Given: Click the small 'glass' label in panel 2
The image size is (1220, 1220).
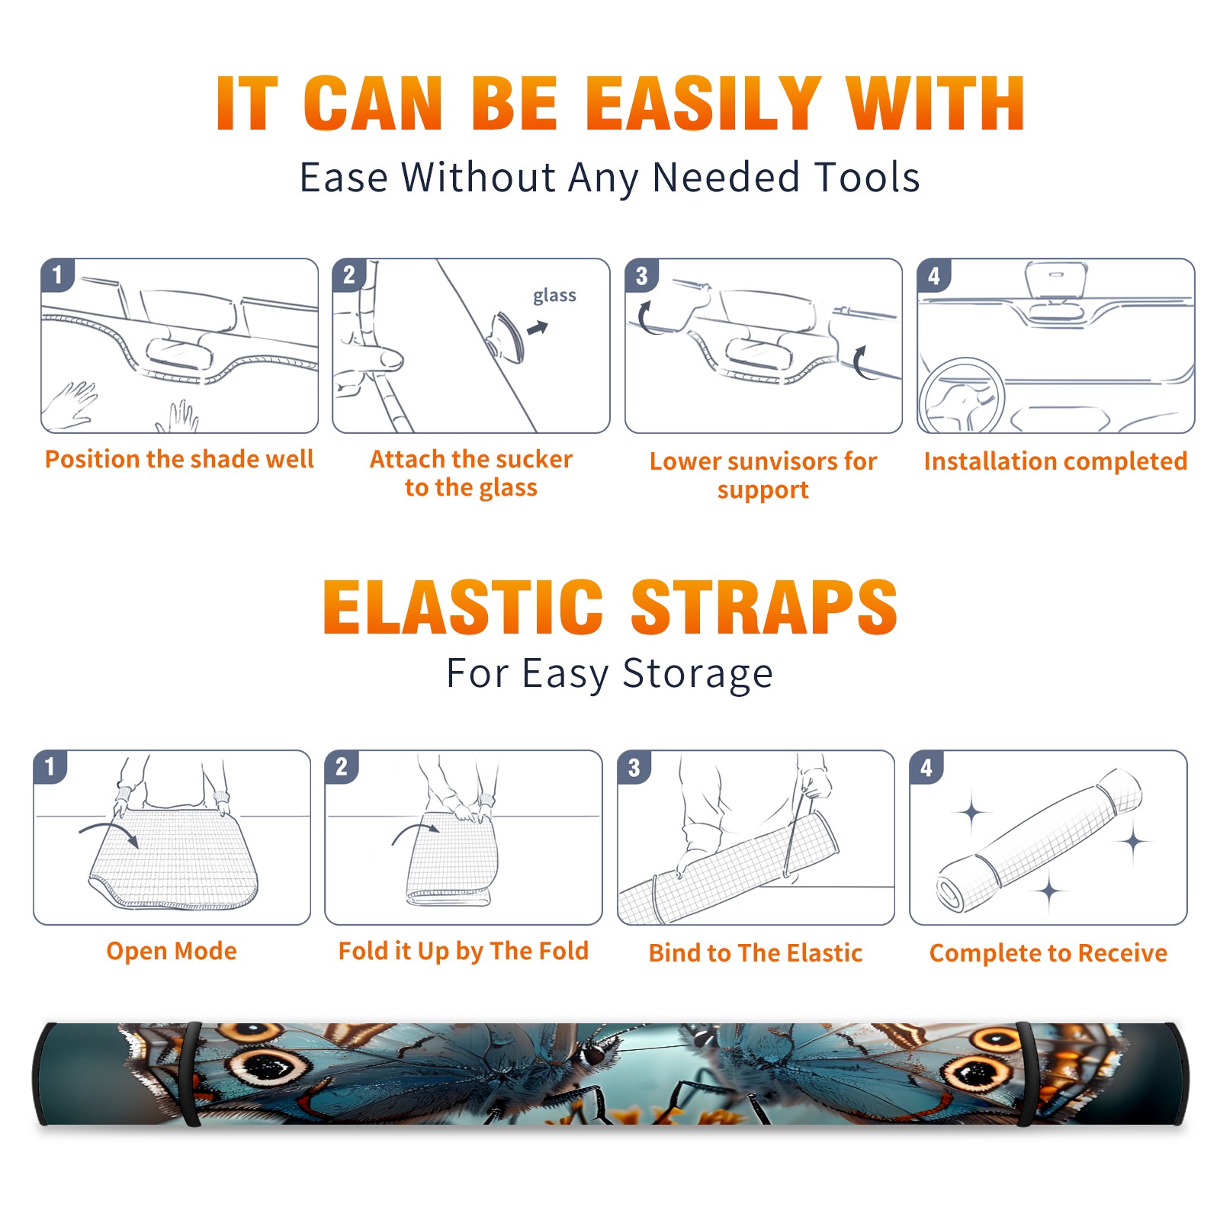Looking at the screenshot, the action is coord(554,296).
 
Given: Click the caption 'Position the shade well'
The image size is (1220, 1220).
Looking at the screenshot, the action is coord(179,459).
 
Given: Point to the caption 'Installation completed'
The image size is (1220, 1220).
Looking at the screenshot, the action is coord(1055,461).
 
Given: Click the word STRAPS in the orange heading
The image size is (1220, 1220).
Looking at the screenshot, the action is coord(764,607).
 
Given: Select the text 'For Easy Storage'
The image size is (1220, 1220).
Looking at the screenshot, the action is coord(610,674).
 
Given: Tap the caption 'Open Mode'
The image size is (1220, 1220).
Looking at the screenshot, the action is coord(172,951).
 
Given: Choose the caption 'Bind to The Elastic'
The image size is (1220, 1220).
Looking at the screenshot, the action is coord(756,952).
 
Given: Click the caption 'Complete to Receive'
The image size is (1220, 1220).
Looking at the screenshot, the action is coord(1048,952).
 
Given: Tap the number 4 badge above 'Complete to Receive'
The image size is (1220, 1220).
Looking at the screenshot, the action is coord(926,767).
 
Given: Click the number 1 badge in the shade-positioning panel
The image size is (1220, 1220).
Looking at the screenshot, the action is coord(57,274).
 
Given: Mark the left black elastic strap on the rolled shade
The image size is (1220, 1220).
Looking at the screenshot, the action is coord(191,1074).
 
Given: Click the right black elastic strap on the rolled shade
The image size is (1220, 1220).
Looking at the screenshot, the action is coord(1028,1074).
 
